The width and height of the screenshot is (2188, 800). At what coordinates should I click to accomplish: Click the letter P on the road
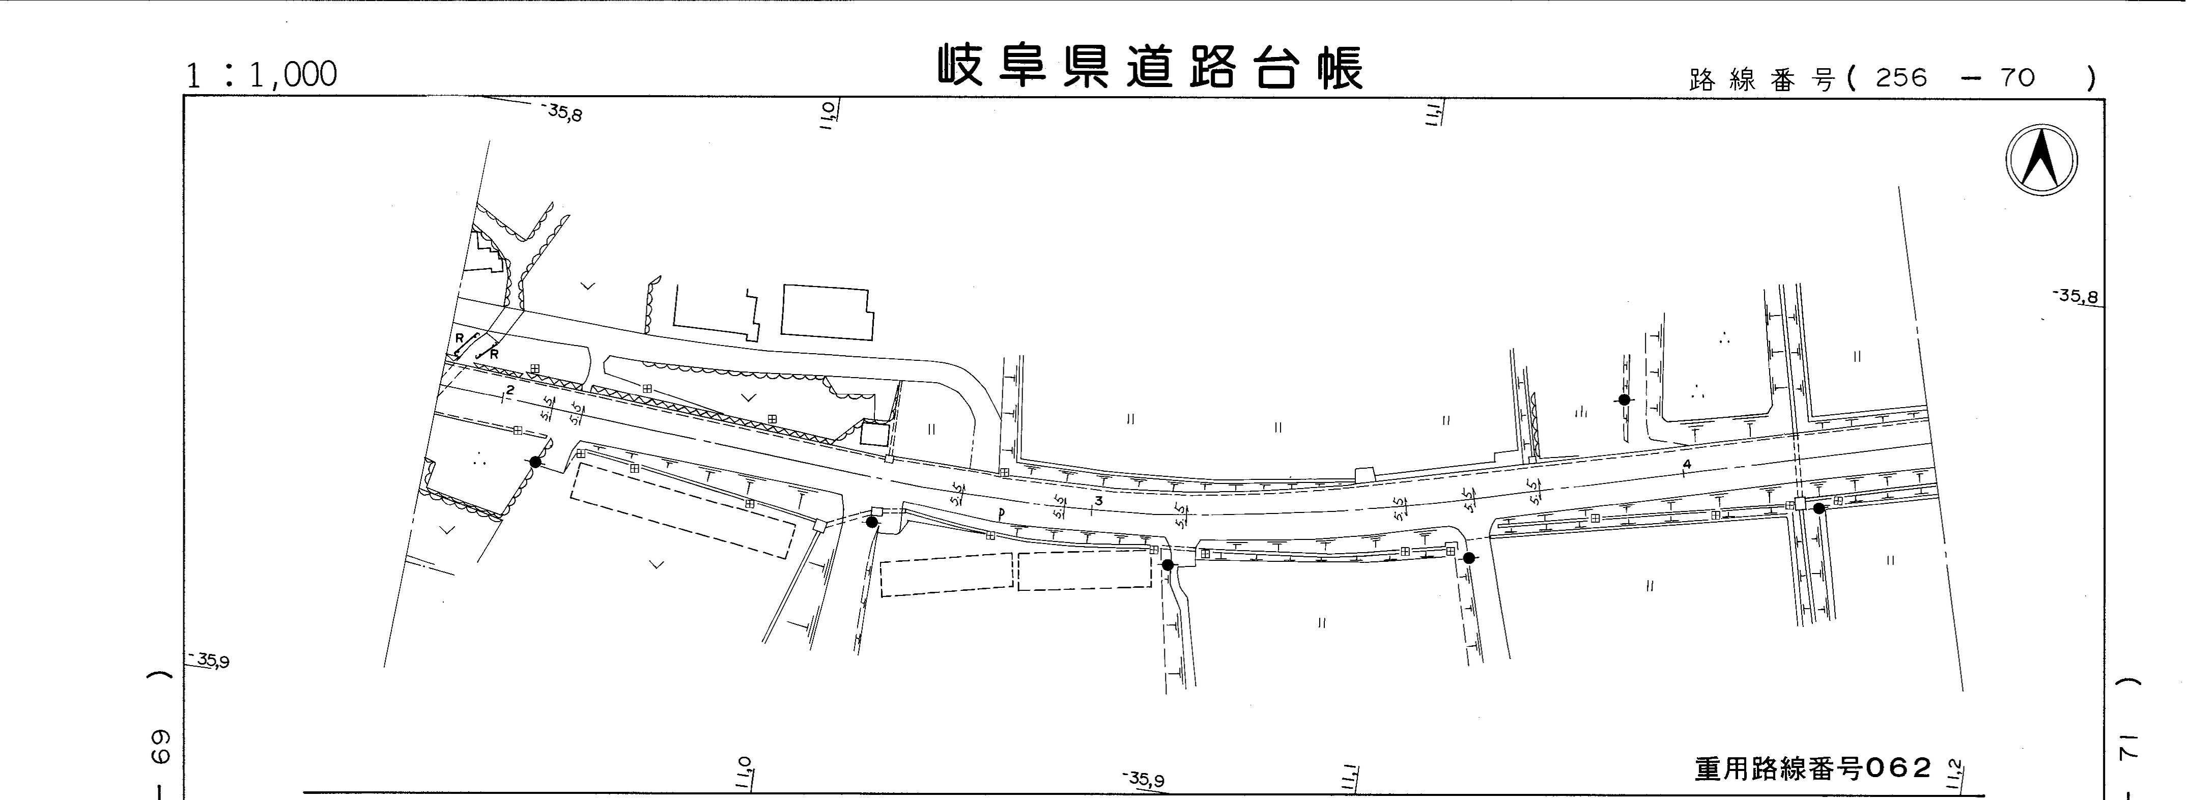tap(1002, 513)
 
